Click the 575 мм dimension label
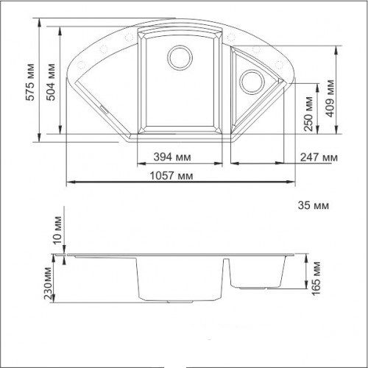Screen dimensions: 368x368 31,82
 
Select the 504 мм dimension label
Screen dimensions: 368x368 52,82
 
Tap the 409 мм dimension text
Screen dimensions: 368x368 330,99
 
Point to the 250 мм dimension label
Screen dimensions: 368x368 308,114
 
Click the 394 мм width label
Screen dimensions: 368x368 172,157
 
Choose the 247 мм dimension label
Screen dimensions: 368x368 319,158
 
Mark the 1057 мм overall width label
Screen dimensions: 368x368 171,176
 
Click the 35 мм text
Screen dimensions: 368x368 314,205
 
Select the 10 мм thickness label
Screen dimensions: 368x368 57,230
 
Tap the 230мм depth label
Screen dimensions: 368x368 48,283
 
